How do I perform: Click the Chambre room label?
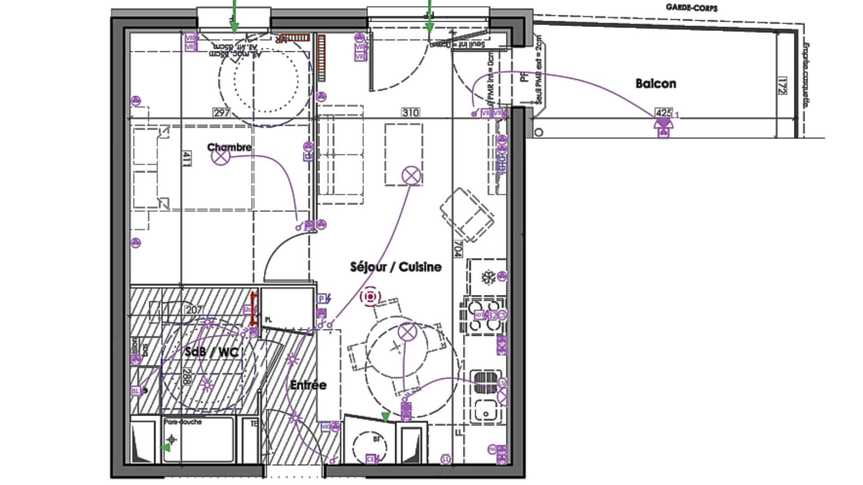coord(229,147)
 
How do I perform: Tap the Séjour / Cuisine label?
coord(396,267)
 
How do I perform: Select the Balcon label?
coord(656,84)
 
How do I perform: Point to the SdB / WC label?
coord(211,352)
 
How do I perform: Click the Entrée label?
coord(308,385)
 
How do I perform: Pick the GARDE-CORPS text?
coord(691,8)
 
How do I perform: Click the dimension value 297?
coord(222,113)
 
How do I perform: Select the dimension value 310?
coord(410,113)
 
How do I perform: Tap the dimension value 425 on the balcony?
coord(663,112)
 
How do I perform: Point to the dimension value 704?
coord(458,249)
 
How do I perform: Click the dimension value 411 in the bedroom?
coord(186,159)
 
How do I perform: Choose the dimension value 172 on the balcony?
coord(782,86)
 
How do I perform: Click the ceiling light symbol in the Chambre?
coord(221,156)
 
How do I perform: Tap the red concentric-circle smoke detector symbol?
coord(370,297)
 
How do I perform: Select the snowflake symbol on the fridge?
coord(487,277)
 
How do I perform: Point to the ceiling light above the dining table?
coord(407,332)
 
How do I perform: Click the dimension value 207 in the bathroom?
coord(194,310)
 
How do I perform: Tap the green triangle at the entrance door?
coord(385,417)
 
